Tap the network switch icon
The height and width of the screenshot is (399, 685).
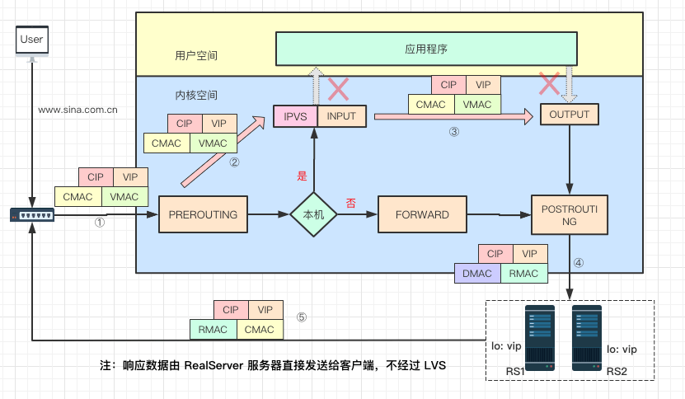[31, 214]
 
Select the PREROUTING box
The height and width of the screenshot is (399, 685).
[203, 214]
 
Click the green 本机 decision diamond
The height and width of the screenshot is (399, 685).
[313, 214]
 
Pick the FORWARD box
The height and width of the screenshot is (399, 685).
[422, 214]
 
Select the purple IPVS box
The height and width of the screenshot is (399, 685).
[295, 116]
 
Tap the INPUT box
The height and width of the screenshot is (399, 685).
[340, 116]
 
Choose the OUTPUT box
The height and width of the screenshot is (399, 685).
[569, 115]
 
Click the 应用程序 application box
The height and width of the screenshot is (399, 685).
[425, 49]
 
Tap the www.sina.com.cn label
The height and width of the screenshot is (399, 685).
[77, 108]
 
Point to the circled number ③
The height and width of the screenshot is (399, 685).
[453, 131]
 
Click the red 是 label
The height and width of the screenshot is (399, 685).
[302, 176]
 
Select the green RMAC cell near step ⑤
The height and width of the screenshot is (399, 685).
[213, 330]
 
